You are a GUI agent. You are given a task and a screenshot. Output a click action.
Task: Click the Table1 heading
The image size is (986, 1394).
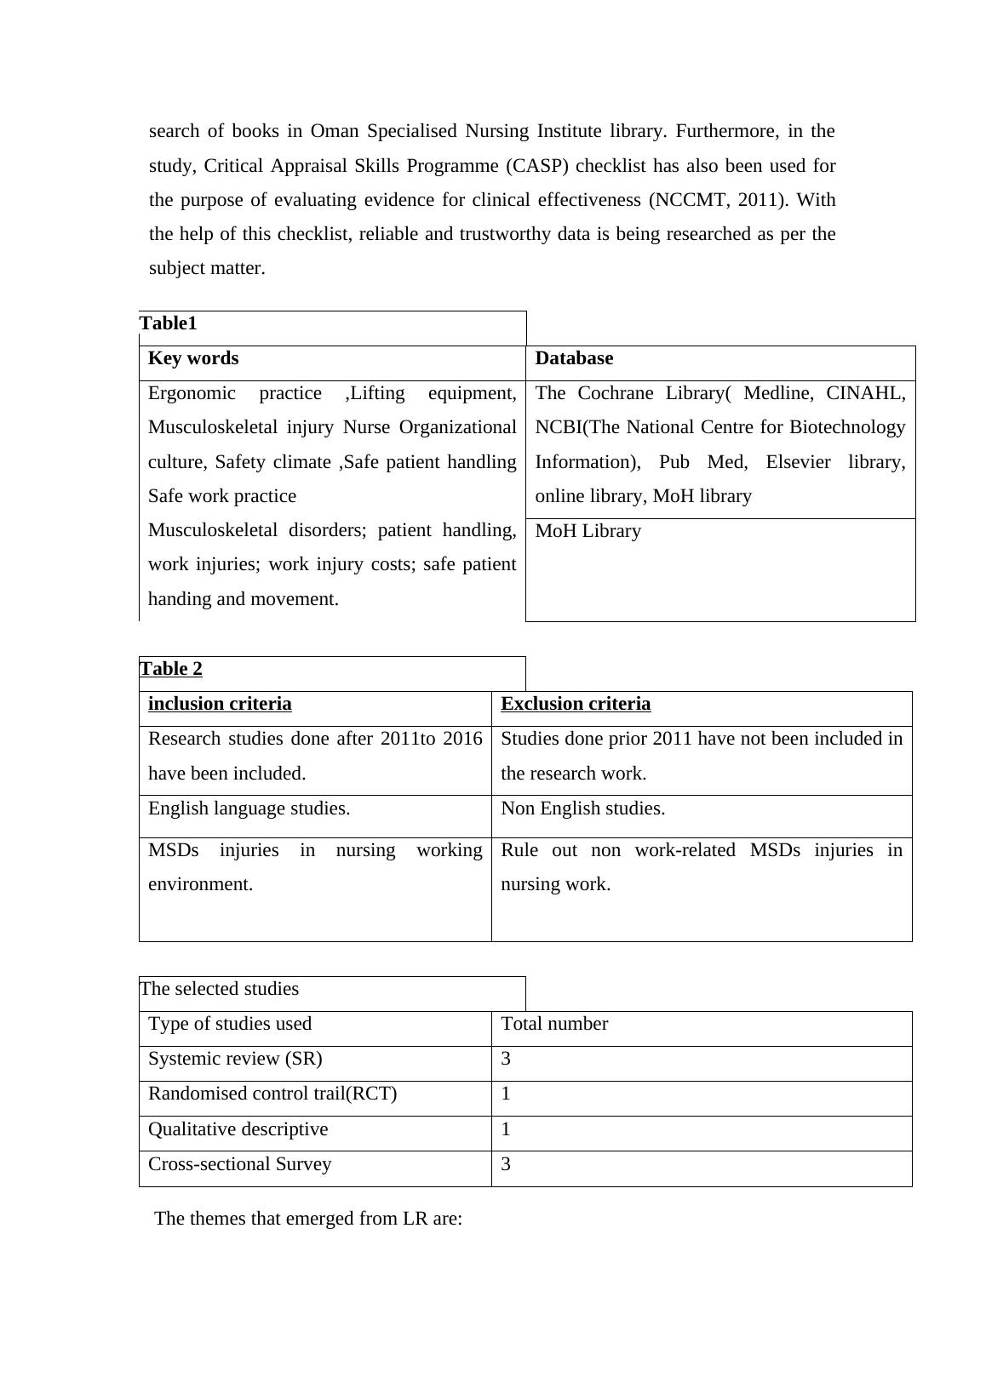point(169,323)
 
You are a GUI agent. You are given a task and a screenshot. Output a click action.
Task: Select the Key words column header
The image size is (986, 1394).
point(193,358)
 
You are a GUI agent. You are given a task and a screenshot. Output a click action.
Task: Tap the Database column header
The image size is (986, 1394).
point(574,358)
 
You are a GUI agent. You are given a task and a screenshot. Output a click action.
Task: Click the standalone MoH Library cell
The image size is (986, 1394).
point(588,531)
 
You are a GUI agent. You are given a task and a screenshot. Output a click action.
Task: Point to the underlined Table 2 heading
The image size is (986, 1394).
point(171,669)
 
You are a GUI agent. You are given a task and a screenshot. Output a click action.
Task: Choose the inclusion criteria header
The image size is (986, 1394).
point(220,704)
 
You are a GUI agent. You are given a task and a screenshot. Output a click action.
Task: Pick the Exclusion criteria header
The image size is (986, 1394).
point(576,704)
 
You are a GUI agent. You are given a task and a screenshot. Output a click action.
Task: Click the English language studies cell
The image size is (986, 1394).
point(249,808)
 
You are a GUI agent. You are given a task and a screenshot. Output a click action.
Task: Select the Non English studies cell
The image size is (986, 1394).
point(582,808)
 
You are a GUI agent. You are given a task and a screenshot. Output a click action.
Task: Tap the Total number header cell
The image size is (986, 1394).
point(554,1024)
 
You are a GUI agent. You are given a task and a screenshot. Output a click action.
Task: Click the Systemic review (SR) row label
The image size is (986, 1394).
point(235,1059)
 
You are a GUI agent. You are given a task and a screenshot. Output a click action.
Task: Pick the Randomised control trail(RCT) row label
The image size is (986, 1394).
point(272,1094)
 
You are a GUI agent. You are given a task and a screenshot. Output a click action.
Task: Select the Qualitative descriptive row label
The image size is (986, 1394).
point(238,1129)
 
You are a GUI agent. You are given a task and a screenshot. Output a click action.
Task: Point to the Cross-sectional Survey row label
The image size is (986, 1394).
point(239,1164)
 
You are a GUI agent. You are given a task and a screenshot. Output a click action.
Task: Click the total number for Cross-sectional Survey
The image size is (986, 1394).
point(506,1164)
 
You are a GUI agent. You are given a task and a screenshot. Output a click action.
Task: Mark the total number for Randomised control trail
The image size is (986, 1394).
point(506,1094)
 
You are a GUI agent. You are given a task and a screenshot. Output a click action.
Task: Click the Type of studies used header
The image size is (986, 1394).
point(230,1024)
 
